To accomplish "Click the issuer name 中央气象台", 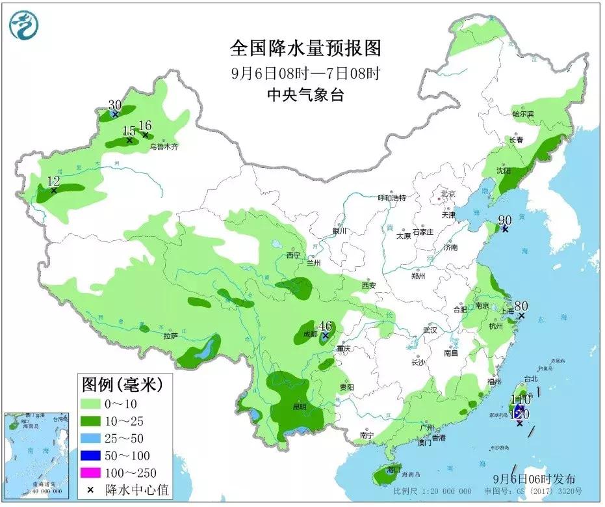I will pyautogui.click(x=304, y=96).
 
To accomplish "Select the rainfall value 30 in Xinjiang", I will pyautogui.click(x=114, y=105).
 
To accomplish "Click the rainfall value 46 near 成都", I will pyautogui.click(x=326, y=327).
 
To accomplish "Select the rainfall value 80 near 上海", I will pyautogui.click(x=521, y=306).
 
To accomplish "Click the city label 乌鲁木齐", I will pyautogui.click(x=164, y=147).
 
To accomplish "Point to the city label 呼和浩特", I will pyautogui.click(x=392, y=198).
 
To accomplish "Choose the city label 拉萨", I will pyautogui.click(x=170, y=336).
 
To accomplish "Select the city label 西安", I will pyautogui.click(x=369, y=286).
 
